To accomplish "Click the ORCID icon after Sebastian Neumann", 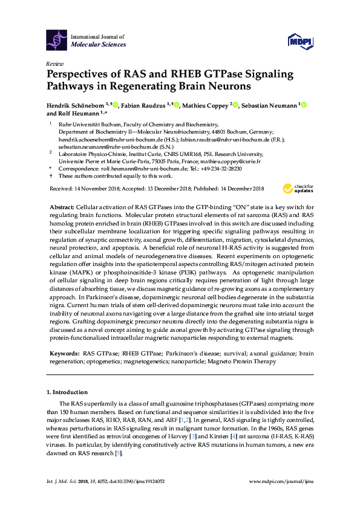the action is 304,106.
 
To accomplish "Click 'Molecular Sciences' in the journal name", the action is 99,45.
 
